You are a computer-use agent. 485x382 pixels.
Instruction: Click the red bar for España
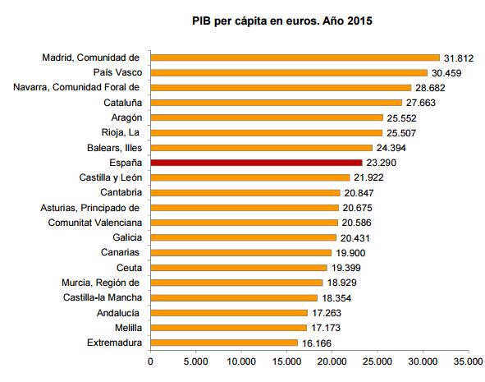pos(256,163)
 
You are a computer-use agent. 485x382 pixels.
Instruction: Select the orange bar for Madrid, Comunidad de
pos(295,58)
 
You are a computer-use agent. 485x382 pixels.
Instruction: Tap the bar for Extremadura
pos(224,343)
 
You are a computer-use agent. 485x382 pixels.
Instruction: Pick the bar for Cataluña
pos(277,103)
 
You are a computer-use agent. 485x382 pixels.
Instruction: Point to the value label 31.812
pos(459,58)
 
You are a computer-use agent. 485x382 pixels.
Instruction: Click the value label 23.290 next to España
pos(381,163)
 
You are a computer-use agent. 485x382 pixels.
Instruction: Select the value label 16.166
pos(317,343)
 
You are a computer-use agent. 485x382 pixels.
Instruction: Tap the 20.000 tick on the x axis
pos(332,361)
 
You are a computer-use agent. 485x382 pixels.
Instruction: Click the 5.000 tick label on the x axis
pos(195,361)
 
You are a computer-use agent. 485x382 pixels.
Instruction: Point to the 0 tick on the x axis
pos(150,361)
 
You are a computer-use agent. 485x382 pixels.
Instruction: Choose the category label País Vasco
pos(117,72)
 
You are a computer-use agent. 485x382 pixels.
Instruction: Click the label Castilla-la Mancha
pos(103,297)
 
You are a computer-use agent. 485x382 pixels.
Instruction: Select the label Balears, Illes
pos(114,148)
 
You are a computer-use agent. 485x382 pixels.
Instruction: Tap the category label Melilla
pos(128,328)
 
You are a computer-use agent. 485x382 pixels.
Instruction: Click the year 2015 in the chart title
pos(359,21)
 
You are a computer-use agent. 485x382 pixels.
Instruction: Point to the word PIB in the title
pos(201,21)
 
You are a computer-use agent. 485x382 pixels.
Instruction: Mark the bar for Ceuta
pos(239,268)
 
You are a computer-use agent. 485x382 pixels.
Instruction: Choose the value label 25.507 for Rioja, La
pos(401,133)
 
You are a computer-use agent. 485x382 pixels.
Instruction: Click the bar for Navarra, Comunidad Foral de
pos(281,88)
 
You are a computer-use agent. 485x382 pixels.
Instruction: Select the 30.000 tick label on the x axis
pos(423,361)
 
